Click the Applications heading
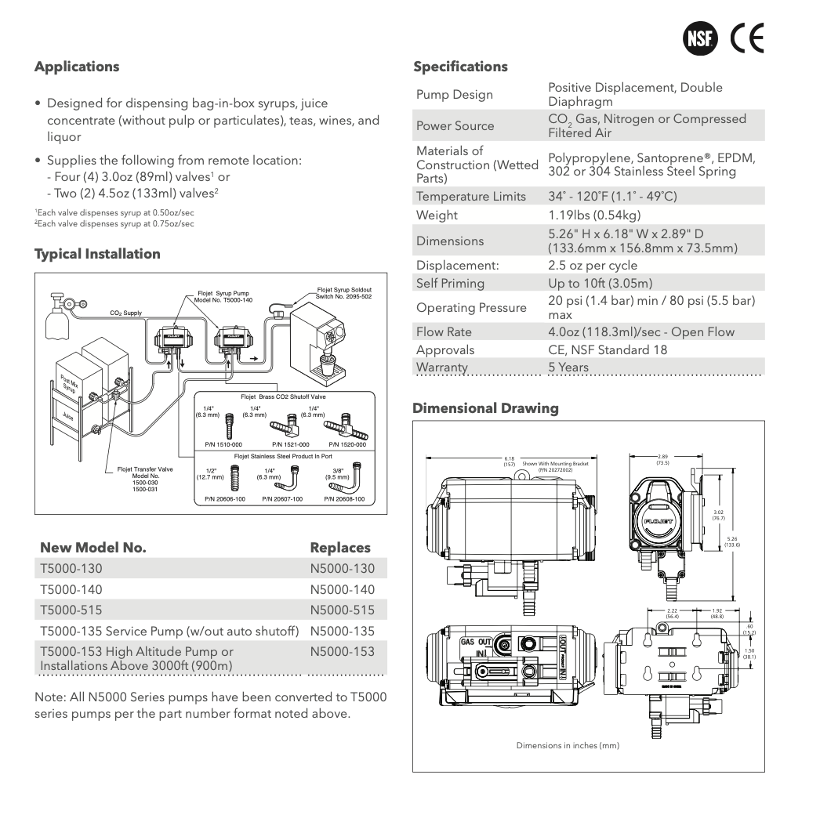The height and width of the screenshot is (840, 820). pos(77,67)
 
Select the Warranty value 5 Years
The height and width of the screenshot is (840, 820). pos(568,367)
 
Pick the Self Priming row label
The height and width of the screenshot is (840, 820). pos(450,283)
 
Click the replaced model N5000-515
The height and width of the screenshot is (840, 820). pos(343,610)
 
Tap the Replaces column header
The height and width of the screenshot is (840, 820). pos(340,548)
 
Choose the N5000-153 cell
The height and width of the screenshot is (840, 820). pos(343,652)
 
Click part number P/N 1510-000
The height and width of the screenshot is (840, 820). pos(223,444)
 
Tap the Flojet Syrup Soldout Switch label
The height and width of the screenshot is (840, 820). pos(344,294)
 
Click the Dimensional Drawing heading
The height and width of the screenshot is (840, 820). pos(485,408)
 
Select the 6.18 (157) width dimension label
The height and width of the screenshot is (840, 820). pos(509,462)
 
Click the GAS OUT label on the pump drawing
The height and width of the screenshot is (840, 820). pos(476,642)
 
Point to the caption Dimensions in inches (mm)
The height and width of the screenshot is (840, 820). pos(568,745)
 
